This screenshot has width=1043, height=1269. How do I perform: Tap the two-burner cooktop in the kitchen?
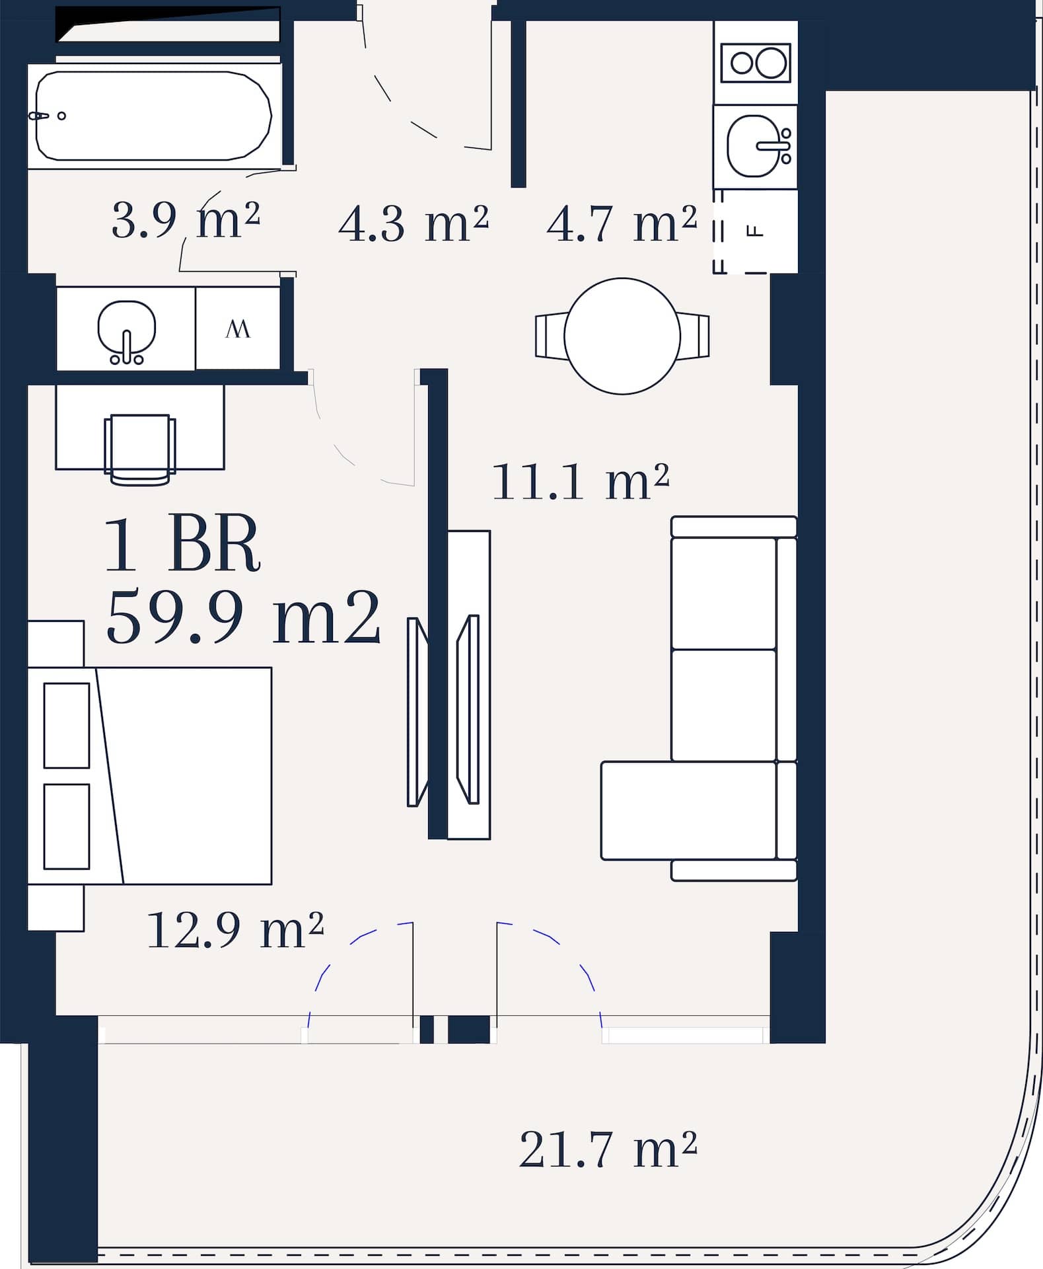coord(756,63)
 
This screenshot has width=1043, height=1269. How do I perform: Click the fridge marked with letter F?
coord(755,231)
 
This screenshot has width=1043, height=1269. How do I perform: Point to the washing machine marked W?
coord(238,328)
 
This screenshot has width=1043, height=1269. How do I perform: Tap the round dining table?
coord(622,336)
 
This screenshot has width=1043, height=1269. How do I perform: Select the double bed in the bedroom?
coord(150,775)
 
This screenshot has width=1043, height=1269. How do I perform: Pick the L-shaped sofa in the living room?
coord(700,698)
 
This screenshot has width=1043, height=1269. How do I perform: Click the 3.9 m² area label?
coord(186,220)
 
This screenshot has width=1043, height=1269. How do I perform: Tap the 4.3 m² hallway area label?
coord(414,223)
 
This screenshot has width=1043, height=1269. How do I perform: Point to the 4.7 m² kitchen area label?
coord(622,223)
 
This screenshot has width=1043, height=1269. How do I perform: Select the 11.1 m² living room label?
coord(581,481)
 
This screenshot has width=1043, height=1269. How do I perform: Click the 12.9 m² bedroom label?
coord(235,930)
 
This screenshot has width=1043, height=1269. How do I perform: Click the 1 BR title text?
coord(182,545)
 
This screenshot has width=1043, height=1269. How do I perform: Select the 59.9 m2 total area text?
coord(243,616)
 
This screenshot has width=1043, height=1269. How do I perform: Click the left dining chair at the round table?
coord(552,336)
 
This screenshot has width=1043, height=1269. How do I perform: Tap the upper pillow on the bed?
coord(67,725)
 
